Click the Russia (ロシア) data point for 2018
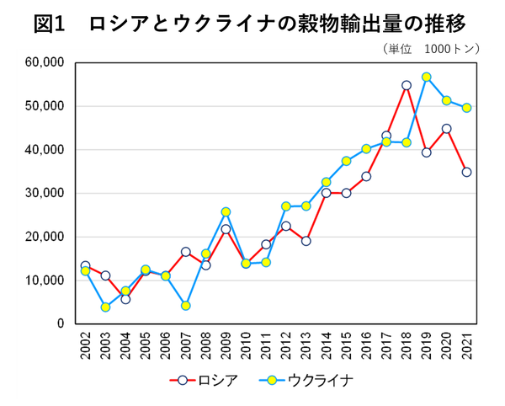click(407, 85)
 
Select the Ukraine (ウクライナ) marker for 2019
click(427, 77)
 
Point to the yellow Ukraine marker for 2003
click(105, 307)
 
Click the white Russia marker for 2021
click(466, 172)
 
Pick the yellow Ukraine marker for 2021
click(466, 108)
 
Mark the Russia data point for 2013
click(306, 241)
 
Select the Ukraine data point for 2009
click(226, 212)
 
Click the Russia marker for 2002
click(85, 265)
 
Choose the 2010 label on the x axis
click(246, 347)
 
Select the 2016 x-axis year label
click(366, 347)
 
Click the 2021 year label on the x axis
click(466, 347)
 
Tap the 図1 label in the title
click(50, 23)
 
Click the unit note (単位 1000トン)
click(429, 49)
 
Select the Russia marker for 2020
click(447, 129)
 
